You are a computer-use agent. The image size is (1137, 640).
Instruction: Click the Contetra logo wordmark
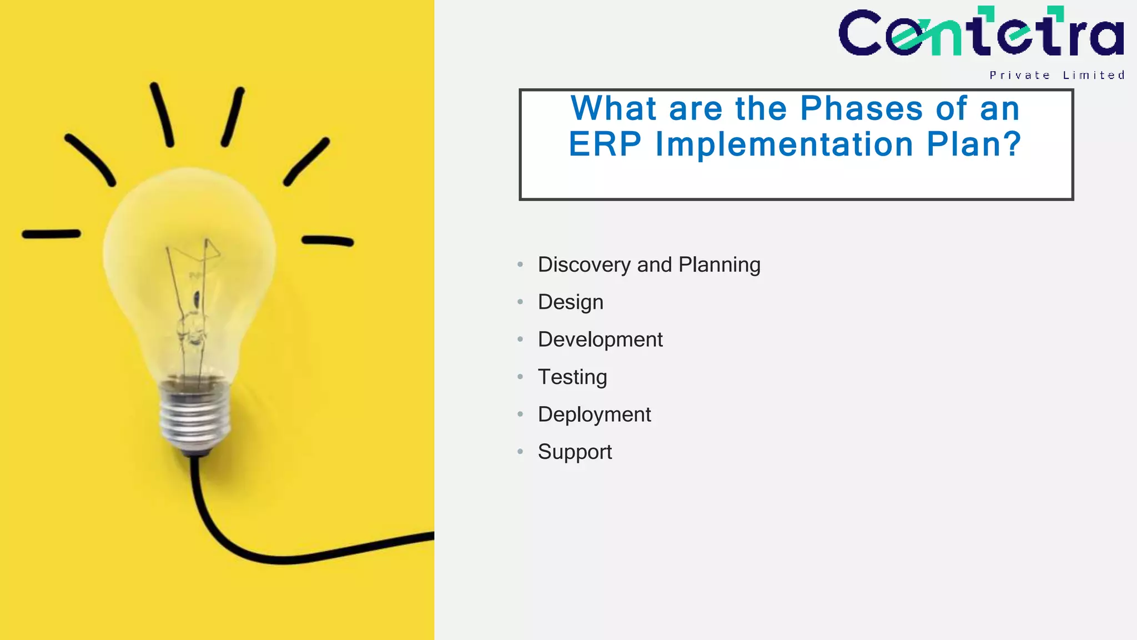point(981,33)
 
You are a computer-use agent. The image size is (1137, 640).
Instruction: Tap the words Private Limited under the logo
point(1056,76)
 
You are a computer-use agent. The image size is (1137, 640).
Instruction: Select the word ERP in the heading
point(605,144)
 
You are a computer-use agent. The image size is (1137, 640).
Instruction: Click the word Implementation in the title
point(784,144)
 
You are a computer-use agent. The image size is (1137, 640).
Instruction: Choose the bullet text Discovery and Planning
point(648,264)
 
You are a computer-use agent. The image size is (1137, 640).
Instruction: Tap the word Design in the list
point(570,302)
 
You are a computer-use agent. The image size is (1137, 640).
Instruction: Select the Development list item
point(600,339)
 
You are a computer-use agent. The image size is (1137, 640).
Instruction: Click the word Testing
point(572,377)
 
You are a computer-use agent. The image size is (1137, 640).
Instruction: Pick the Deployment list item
point(594,414)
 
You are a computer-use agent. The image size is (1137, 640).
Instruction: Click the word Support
point(575,452)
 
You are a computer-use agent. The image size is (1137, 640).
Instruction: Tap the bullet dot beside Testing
point(520,377)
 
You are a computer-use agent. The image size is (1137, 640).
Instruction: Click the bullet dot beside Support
point(520,452)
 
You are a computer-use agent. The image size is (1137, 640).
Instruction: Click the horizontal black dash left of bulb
point(51,234)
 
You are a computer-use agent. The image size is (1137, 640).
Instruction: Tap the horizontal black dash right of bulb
point(328,241)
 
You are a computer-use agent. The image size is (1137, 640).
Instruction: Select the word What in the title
point(613,108)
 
